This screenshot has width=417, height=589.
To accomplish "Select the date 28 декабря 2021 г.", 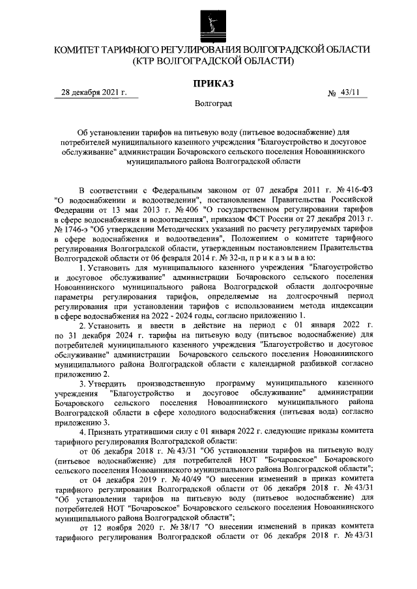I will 93,92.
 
